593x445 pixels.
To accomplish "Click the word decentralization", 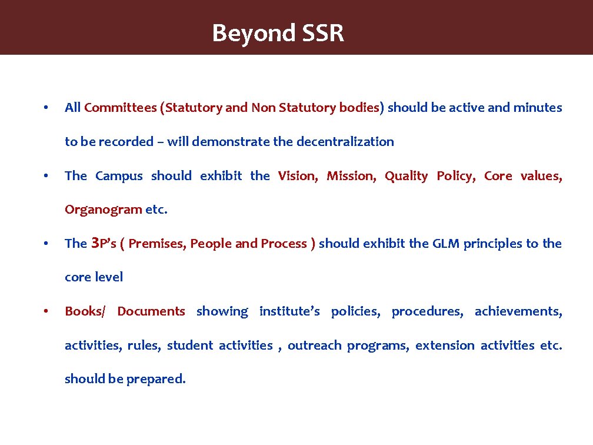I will tap(345, 142).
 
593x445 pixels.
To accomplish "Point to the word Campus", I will tap(119, 176).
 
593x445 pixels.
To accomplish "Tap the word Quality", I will tap(406, 176).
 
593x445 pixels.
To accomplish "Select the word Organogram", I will tap(104, 210).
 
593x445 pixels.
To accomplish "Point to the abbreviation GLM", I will tap(446, 244).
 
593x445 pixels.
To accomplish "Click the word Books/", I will tap(85, 311).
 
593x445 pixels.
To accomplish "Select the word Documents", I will tap(151, 311).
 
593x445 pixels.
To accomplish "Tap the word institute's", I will tap(289, 311).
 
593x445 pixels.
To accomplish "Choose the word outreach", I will tap(314, 346).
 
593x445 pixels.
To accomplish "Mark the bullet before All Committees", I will tap(45, 108).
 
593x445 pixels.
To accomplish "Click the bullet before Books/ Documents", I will tap(45, 311).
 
